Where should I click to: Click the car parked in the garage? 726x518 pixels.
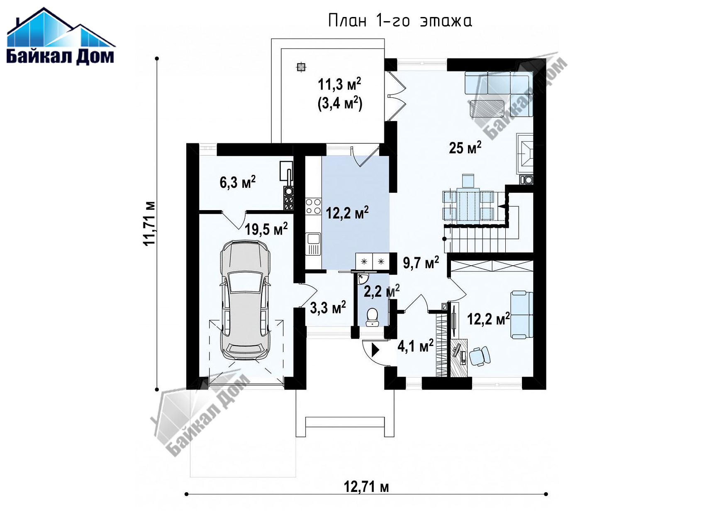pos(245,300)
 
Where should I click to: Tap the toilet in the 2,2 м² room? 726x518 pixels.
pos(372,317)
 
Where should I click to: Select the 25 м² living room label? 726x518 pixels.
pos(465,147)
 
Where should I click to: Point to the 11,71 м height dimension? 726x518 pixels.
pos(149,224)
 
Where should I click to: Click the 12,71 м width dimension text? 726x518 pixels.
pos(366,486)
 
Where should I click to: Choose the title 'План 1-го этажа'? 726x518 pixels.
pos(400,20)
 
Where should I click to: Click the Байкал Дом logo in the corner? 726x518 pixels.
pos(61,36)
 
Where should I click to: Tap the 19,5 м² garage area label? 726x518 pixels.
pos(266,229)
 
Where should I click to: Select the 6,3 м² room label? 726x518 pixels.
pos(237,182)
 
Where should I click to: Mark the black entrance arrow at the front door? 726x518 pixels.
pos(375,350)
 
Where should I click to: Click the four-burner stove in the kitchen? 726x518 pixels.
pos(313,206)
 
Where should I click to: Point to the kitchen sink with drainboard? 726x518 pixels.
pos(313,244)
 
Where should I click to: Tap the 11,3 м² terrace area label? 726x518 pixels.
pos(339,84)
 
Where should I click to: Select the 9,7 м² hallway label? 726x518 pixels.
pos(421,263)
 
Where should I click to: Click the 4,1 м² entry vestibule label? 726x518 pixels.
pos(415,346)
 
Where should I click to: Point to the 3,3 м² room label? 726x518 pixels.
pos(328,307)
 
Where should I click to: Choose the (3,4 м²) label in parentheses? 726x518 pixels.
pos(340,103)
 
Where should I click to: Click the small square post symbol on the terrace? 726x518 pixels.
pos(301,67)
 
